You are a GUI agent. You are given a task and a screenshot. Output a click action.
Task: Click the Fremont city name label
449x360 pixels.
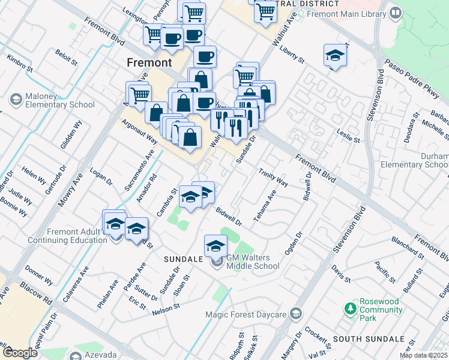[149, 62]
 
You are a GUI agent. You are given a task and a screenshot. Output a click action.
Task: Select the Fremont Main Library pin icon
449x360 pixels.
[396, 12]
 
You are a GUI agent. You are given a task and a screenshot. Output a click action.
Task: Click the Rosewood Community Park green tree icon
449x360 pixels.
[351, 309]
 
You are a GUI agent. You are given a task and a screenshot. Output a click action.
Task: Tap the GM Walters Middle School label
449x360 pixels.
[253, 262]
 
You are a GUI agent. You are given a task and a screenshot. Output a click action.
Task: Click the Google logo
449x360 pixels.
[20, 353]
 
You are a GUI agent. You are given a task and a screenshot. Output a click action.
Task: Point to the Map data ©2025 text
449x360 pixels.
[424, 355]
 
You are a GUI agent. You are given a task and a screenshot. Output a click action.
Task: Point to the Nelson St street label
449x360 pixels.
[166, 308]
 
